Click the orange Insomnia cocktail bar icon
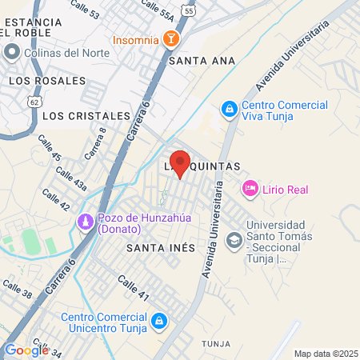pos(170,39)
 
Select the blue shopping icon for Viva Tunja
pos(229,107)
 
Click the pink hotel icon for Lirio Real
pos(250,189)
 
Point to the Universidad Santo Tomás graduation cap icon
pos(234,239)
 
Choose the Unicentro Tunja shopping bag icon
pos(159,321)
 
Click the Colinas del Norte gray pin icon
pos(12,54)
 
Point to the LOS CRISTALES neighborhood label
pos(86,116)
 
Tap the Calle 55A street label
pos(156,9)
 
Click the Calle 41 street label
pos(134,288)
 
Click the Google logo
pos(26,350)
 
